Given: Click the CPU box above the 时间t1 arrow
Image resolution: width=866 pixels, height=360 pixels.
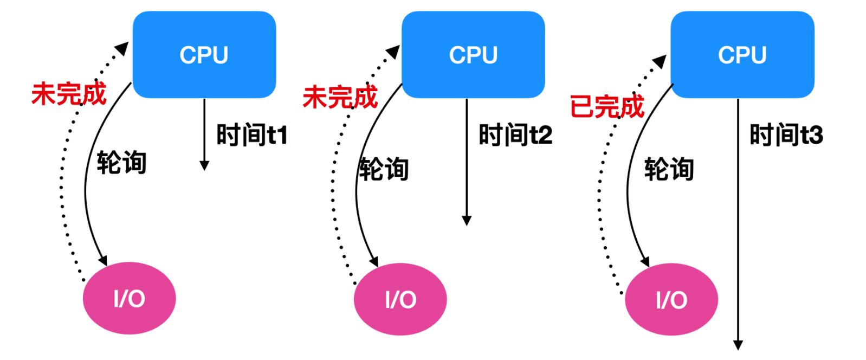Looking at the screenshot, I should pos(204,55).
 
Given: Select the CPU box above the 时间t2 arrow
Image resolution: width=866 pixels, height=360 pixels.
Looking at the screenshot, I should pos(473,55).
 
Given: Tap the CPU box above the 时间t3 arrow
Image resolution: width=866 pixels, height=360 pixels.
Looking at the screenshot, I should pos(742,55).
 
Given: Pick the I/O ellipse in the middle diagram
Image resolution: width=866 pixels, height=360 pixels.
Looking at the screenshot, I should pos(400,299).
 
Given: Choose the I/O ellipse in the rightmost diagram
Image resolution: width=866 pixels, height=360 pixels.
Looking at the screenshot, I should pos(671,299).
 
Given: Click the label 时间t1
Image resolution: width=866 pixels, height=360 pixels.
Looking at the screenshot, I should pos(252,135).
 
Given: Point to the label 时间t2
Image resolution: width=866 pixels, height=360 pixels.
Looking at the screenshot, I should pos(515,135).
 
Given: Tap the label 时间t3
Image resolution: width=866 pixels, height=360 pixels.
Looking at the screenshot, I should pos(786,135).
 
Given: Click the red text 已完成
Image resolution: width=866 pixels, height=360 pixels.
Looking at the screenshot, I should pos(607,106).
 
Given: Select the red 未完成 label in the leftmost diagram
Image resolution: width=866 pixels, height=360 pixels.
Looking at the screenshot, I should pos(69,94).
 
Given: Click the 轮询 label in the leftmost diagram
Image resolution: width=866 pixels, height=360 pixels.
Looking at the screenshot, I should pos(122,163).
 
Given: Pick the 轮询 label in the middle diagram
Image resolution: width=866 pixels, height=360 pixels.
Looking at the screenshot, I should pos(384,169).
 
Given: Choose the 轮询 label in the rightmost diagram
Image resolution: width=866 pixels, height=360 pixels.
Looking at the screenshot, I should pos(669,169).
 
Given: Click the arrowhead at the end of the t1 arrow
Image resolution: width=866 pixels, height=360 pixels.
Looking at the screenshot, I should pos(204,165).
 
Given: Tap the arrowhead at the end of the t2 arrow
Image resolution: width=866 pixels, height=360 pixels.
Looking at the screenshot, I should pos(467,220).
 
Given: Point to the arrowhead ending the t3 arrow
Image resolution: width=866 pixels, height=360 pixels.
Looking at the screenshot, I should pos(738,345).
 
